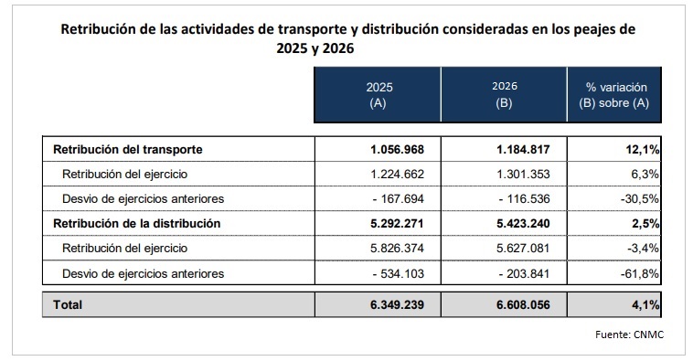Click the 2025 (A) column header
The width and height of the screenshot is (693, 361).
point(378,94)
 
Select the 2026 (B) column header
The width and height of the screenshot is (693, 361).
point(504,94)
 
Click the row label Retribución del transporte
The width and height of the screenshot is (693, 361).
point(127,149)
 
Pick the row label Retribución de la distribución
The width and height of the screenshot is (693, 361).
point(138,223)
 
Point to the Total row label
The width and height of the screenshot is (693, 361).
point(69,303)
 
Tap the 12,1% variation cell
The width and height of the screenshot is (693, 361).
point(640,149)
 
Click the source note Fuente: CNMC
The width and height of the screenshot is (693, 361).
point(629,334)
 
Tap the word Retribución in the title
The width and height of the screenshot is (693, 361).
point(96,29)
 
